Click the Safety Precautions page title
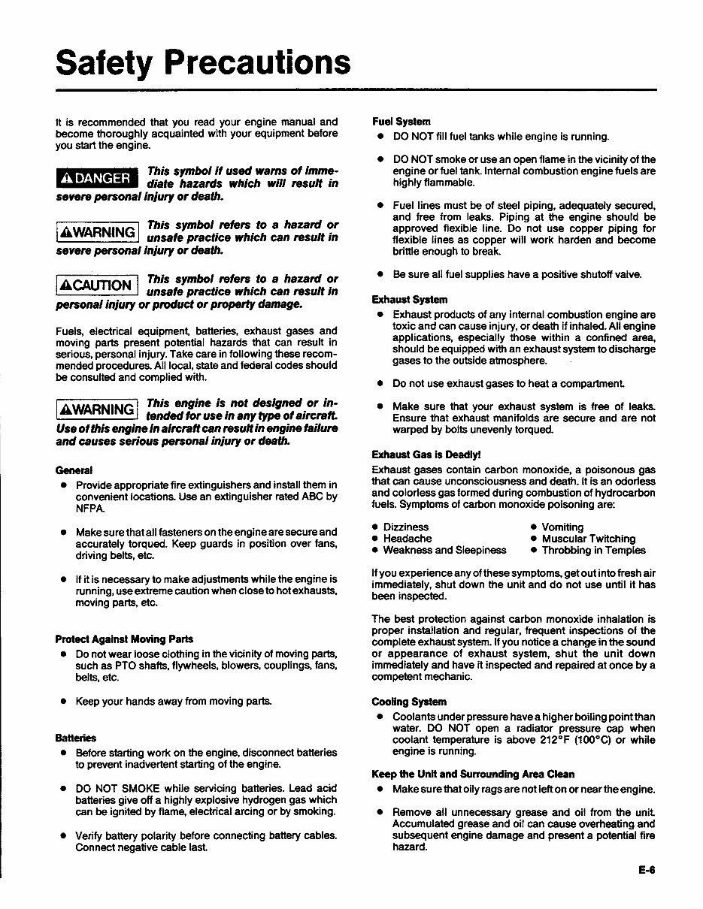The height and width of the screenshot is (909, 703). (x=203, y=63)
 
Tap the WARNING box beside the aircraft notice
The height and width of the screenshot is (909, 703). (x=98, y=410)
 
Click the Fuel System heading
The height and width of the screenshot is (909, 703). (x=401, y=122)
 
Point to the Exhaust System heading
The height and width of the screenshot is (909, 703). (x=410, y=300)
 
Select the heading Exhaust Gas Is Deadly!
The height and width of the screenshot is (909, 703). (x=426, y=455)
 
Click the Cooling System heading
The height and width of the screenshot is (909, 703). (x=409, y=702)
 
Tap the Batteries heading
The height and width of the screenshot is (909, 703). (x=76, y=737)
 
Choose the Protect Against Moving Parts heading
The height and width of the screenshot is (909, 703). (x=124, y=639)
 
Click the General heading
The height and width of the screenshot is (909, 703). (x=74, y=470)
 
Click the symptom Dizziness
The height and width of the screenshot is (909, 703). (x=406, y=527)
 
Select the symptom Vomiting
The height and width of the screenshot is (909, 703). (x=562, y=527)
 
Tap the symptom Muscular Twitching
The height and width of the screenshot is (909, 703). (x=589, y=539)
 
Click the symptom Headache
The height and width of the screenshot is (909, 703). (x=408, y=539)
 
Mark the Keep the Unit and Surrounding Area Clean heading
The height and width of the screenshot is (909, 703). (x=473, y=774)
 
